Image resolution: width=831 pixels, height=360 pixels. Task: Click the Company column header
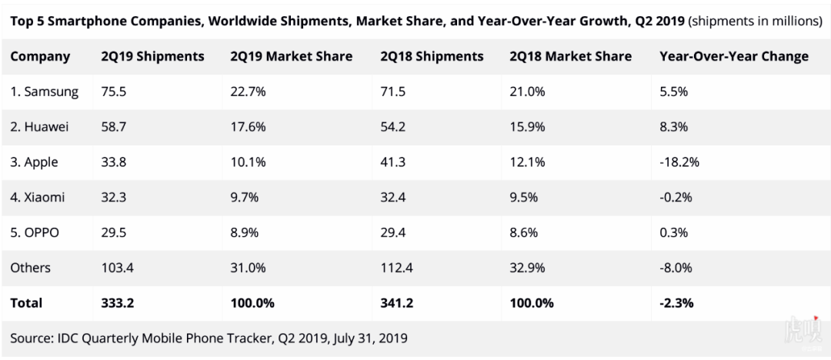pyautogui.click(x=40, y=56)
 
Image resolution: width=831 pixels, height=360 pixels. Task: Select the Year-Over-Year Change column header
pyautogui.click(x=734, y=56)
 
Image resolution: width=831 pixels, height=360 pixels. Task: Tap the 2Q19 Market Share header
pyautogui.click(x=291, y=56)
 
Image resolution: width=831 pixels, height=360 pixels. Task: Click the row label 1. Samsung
pyautogui.click(x=45, y=92)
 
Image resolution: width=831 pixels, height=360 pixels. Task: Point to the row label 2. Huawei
pyautogui.click(x=39, y=127)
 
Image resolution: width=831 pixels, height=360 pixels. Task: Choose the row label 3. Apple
pyautogui.click(x=34, y=162)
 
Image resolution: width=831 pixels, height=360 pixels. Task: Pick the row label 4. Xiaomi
pyautogui.click(x=37, y=197)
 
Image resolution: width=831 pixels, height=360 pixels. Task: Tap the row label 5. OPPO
pyautogui.click(x=35, y=232)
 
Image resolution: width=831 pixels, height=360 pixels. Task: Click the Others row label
pyautogui.click(x=30, y=268)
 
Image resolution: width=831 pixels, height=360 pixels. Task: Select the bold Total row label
pyautogui.click(x=26, y=303)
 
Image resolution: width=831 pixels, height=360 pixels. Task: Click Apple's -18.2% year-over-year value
pyautogui.click(x=680, y=162)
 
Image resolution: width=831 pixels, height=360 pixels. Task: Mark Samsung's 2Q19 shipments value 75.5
pyautogui.click(x=115, y=92)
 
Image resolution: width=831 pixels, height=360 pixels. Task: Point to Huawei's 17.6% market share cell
pyautogui.click(x=249, y=127)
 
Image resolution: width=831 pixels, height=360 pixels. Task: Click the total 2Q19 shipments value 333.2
pyautogui.click(x=118, y=303)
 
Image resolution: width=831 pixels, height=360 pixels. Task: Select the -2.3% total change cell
pyautogui.click(x=676, y=303)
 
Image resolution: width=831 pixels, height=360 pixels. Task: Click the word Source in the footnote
pyautogui.click(x=31, y=338)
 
